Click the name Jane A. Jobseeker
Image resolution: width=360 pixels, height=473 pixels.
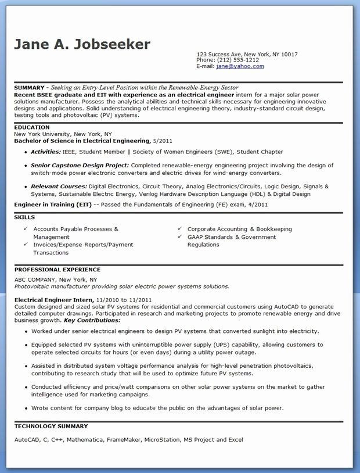click(82, 44)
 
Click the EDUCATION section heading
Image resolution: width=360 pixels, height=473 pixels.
click(32, 127)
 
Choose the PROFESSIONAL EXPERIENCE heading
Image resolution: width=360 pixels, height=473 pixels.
click(57, 270)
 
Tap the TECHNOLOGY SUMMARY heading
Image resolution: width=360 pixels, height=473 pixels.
click(51, 426)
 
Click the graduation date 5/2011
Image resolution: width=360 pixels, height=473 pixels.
click(163, 141)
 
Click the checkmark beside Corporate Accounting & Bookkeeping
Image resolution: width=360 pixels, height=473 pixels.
click(181, 229)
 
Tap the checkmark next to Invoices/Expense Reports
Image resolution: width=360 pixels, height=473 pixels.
click(26, 245)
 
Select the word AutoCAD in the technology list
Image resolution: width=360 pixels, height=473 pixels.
click(27, 439)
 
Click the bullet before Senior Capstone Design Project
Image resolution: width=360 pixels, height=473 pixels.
click(26, 166)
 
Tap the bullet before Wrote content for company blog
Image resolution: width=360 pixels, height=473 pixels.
click(26, 408)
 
